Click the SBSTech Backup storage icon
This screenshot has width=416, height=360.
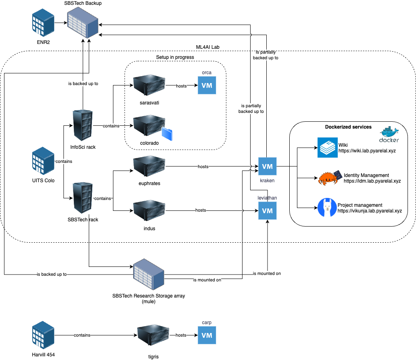click(x=83, y=23)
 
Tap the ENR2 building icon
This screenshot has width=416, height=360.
click(x=43, y=23)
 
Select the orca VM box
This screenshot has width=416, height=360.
click(x=207, y=85)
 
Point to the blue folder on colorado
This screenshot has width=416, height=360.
click(x=166, y=134)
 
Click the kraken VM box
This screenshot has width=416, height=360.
click(x=268, y=166)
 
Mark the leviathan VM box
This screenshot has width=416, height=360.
click(x=268, y=210)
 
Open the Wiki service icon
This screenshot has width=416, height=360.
click(x=327, y=147)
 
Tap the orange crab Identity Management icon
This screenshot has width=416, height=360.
click(x=328, y=178)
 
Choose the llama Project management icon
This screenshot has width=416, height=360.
click(x=327, y=208)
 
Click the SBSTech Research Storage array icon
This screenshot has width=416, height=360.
click(x=149, y=275)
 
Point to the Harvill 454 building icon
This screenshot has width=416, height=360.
click(x=43, y=335)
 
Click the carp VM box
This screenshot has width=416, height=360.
click(x=207, y=335)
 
